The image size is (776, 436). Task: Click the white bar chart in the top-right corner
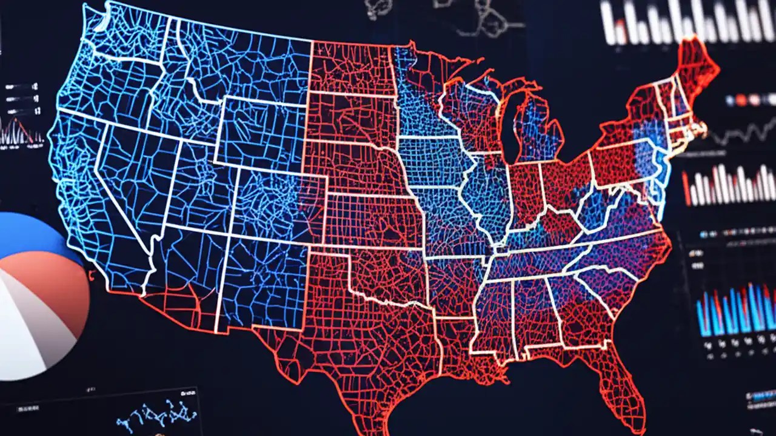point(685,21)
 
